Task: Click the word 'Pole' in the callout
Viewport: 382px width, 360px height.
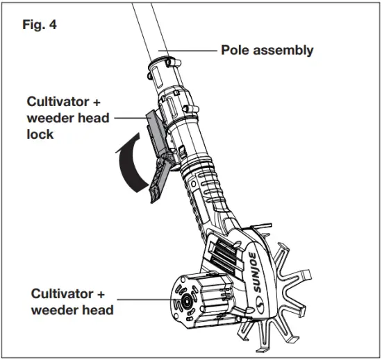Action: (x=235, y=50)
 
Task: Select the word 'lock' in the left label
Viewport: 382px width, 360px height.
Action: (x=32, y=135)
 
